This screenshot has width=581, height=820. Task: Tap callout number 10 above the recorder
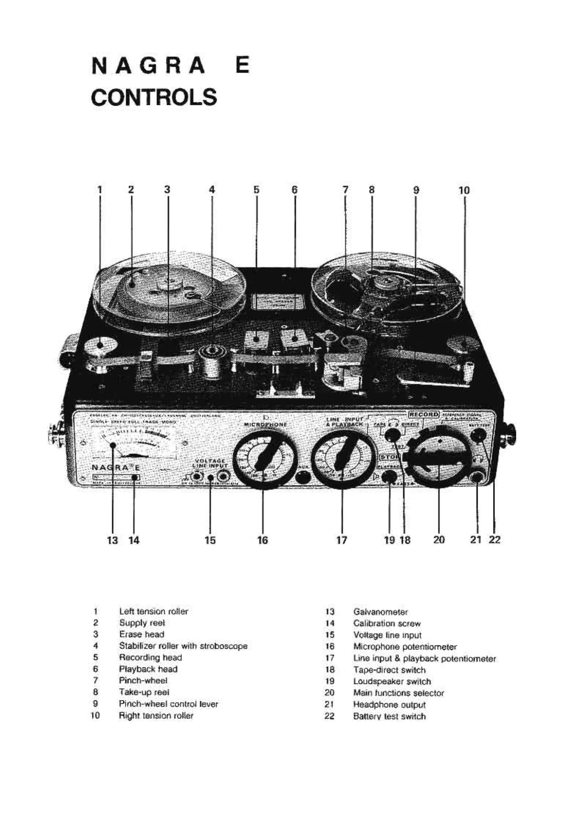coord(464,190)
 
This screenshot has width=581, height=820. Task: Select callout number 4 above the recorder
coord(212,190)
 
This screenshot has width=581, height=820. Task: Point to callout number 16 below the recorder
coord(263,540)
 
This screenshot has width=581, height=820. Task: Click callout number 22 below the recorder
coord(495,539)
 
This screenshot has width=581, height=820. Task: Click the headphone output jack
coord(477,477)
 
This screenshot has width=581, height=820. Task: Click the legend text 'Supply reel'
coord(142,623)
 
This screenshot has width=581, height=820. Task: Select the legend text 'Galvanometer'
coord(380,611)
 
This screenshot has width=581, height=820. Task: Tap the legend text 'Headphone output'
coord(389,704)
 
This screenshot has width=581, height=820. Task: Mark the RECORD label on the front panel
coord(424,414)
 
